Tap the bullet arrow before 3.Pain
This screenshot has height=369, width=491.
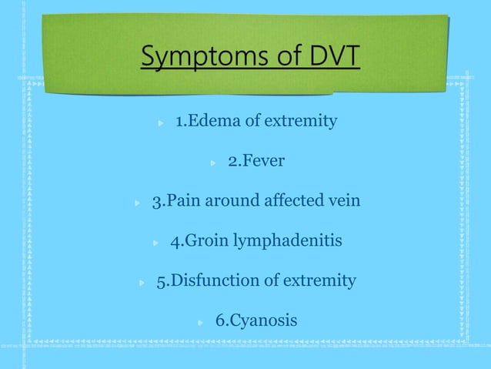click(138, 203)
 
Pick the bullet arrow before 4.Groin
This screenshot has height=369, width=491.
click(156, 243)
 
